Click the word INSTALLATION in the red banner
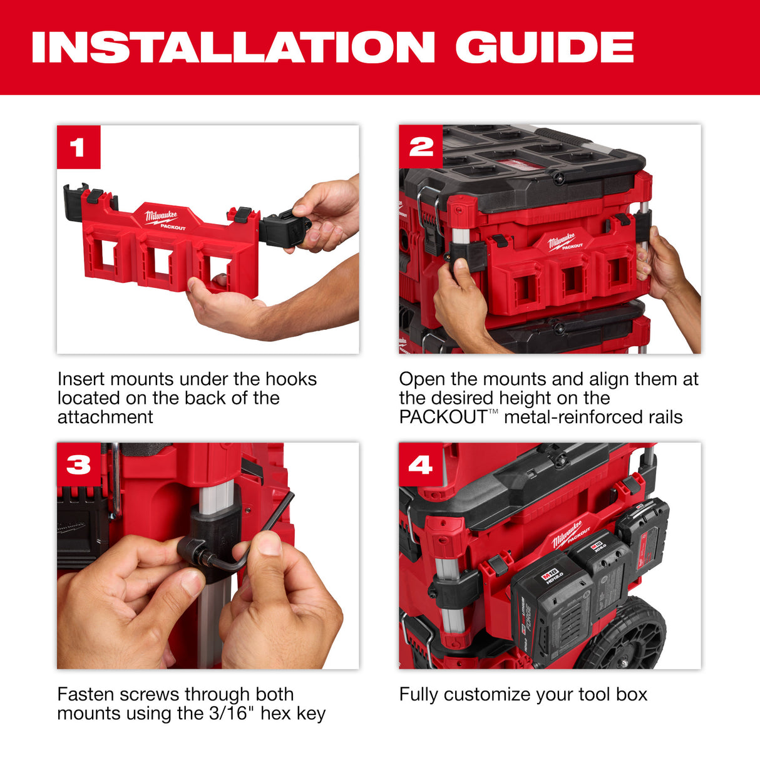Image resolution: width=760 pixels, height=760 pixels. pos(233,47)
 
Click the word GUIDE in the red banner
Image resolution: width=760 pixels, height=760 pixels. pos(544,47)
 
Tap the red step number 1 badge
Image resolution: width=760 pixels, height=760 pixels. pos(78,147)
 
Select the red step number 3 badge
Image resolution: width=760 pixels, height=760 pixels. pos(78,465)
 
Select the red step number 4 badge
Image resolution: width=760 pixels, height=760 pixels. pos(421,465)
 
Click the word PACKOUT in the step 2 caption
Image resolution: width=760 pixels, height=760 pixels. pos(443,417)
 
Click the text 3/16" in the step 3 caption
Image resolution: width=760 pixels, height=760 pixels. pos(231,713)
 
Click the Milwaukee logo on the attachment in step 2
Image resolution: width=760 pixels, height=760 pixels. pos(562,241)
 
